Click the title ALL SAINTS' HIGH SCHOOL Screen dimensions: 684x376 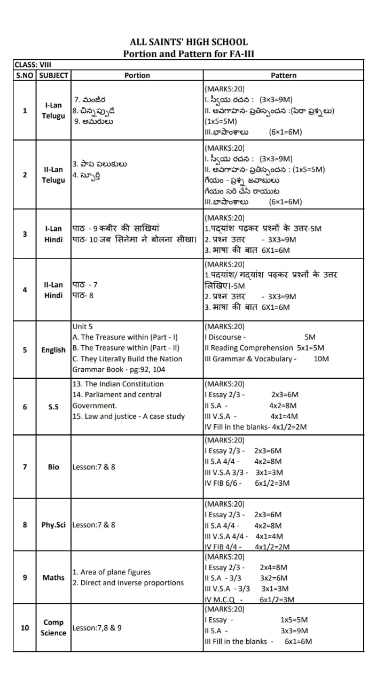189,42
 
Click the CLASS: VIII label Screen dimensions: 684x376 33,65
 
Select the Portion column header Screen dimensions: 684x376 137,75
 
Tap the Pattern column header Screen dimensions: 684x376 283,75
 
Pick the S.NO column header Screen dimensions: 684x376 25,75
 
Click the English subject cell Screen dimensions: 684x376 53,350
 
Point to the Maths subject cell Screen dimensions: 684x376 53,577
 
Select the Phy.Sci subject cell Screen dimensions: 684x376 53,525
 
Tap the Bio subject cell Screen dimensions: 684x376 53,467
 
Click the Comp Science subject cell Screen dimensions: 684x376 53,627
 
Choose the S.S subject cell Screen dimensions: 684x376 53,407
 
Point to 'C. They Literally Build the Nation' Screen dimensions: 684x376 127,359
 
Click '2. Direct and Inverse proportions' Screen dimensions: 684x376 128,582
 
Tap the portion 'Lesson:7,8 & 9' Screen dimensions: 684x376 97,627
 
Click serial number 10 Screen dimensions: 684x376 25,627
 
